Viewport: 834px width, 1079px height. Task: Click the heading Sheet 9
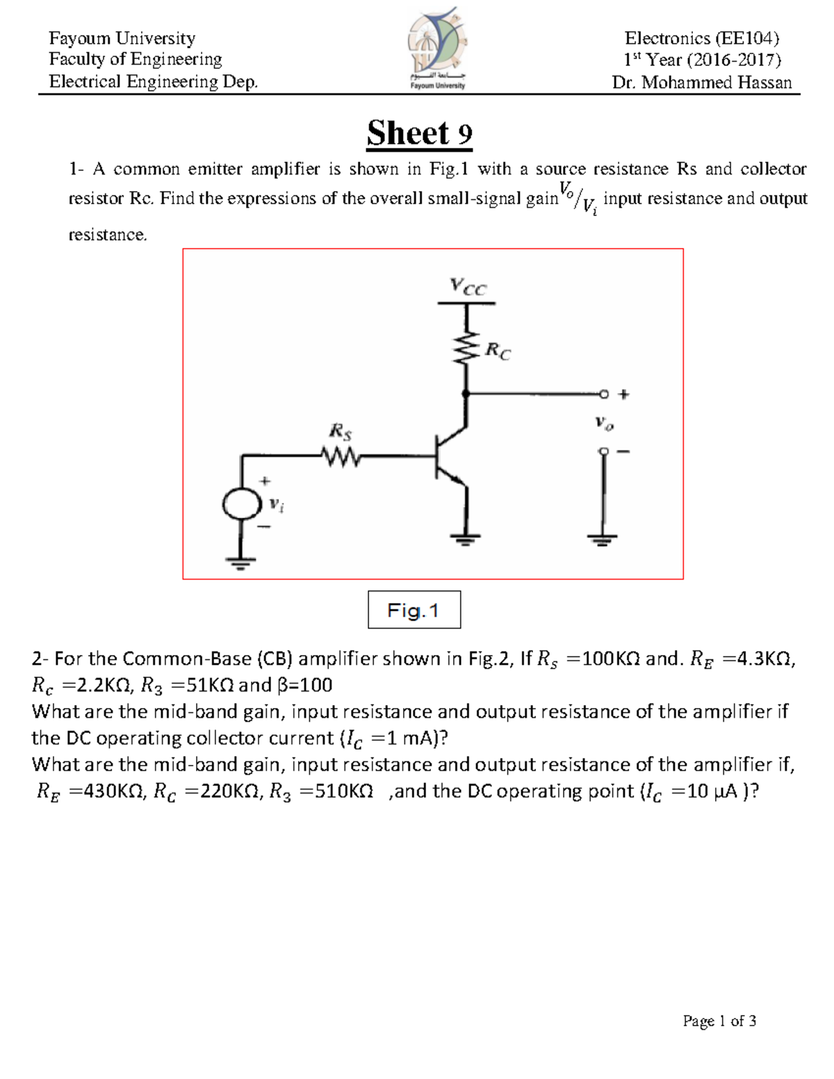coord(420,133)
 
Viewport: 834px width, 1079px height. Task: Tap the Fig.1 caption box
coord(414,610)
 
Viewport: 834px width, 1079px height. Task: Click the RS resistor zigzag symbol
coord(341,456)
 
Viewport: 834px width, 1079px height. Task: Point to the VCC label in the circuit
coord(468,286)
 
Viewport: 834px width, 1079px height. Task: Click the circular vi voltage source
coord(240,504)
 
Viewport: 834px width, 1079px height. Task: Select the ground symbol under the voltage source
coord(240,562)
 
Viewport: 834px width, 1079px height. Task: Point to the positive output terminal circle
coord(604,395)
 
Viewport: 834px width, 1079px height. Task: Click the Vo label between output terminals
coord(604,422)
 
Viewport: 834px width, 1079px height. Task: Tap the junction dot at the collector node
coord(466,394)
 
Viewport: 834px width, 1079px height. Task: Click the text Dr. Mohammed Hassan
coord(701,83)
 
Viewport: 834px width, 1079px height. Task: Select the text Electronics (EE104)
coord(701,38)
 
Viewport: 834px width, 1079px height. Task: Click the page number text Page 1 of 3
coord(719,1021)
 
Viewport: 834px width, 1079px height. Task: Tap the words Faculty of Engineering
coord(136,59)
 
